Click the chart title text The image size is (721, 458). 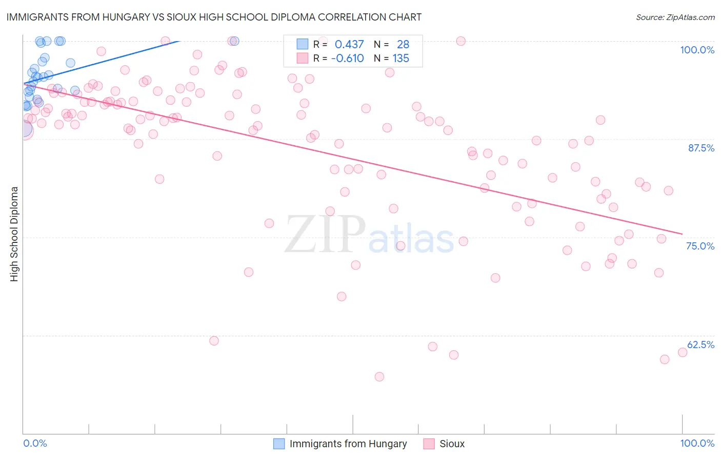[214, 17]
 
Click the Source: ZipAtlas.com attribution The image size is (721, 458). [675, 17]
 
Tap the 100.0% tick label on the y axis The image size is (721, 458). [697, 50]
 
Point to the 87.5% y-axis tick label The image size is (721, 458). [701, 148]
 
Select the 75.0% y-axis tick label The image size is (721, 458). [700, 246]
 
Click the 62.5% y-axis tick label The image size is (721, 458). [700, 345]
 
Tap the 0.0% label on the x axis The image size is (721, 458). [35, 443]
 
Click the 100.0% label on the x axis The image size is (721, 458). [697, 443]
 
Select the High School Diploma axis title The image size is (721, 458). [14, 234]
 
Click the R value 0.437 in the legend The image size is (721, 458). [349, 45]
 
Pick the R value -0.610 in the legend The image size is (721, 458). [347, 59]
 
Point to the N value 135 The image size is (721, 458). [400, 59]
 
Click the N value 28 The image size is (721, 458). [403, 45]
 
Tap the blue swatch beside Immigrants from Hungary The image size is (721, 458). [279, 444]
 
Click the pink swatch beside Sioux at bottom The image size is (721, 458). [429, 444]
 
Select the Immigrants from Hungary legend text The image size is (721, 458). [348, 444]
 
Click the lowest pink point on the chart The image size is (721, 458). [379, 376]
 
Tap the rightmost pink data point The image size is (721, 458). [683, 352]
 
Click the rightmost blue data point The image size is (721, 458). [235, 41]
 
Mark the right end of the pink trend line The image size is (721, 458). [682, 234]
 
